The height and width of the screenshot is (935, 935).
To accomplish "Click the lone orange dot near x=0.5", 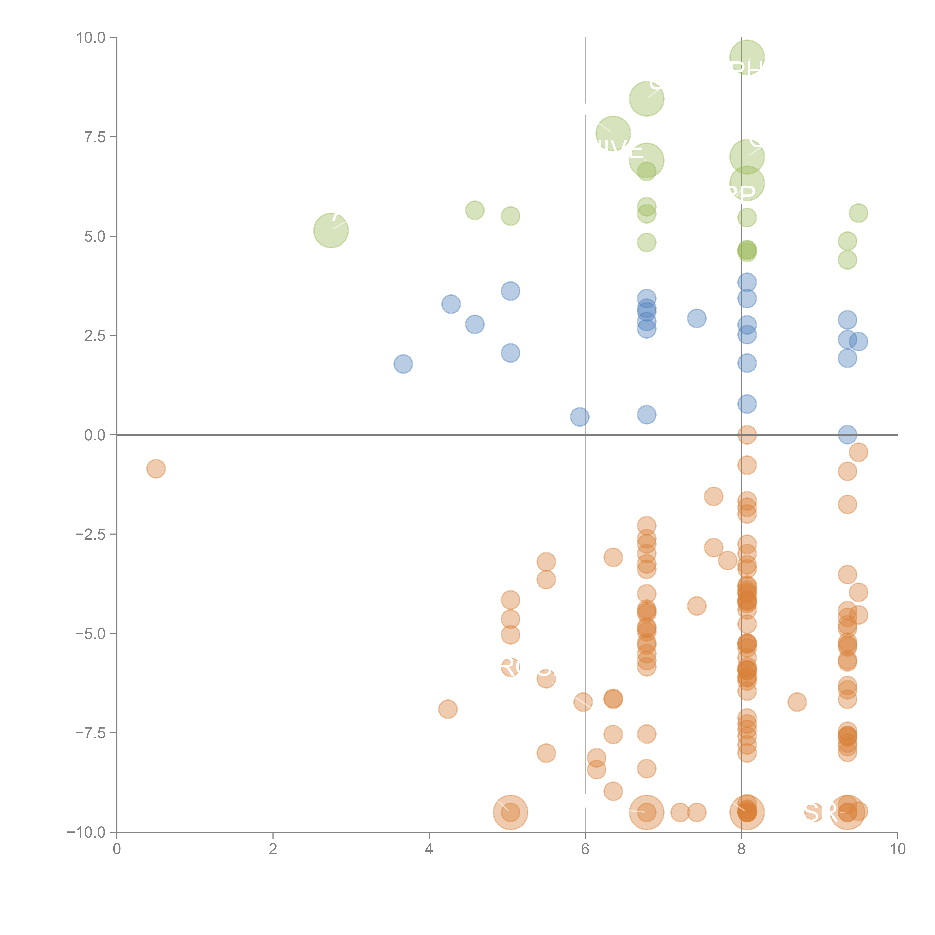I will click(x=156, y=468).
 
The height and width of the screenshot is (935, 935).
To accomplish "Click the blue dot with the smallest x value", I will click(x=403, y=364).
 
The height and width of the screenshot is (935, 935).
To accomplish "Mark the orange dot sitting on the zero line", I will click(x=747, y=435).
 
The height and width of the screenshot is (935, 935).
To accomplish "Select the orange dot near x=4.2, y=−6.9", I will click(x=448, y=709).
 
